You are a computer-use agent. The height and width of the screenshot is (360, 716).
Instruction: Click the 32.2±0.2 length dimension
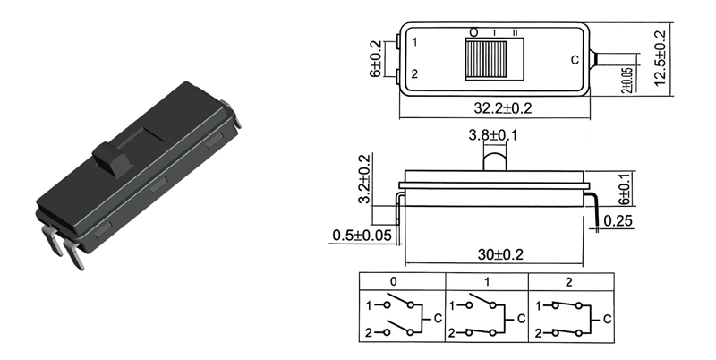coord(502,108)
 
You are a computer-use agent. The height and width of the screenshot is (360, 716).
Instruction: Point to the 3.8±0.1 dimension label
coord(493,136)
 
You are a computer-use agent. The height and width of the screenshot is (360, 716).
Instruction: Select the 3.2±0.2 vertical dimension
coord(363,179)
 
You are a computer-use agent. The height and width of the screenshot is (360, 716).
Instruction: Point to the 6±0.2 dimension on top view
coord(376,59)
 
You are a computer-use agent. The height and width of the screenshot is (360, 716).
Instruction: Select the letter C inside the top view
coord(575,61)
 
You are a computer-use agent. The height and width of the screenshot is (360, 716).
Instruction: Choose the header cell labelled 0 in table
coord(394,281)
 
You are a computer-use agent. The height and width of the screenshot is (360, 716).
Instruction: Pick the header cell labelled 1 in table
coord(488,281)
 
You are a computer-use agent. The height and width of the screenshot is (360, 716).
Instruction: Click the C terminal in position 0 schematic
coord(438,318)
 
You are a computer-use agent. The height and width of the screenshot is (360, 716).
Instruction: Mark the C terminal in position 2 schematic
coord(607,318)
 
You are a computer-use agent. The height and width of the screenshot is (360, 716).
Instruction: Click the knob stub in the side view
coord(494,159)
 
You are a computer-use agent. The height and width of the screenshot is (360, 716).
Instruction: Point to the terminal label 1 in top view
coord(413,42)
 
